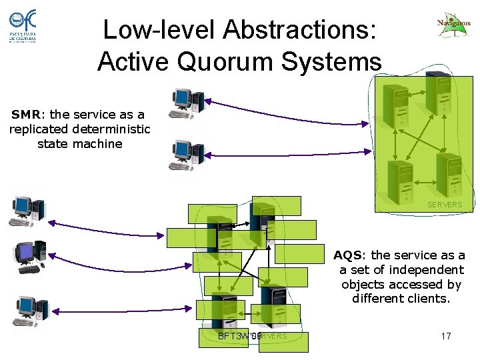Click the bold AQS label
pyautogui.click(x=348, y=255)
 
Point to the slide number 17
pyautogui.click(x=446, y=336)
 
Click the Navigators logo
pyautogui.click(x=453, y=25)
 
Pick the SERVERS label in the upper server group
pyautogui.click(x=445, y=205)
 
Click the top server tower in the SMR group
pyautogui.click(x=439, y=93)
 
